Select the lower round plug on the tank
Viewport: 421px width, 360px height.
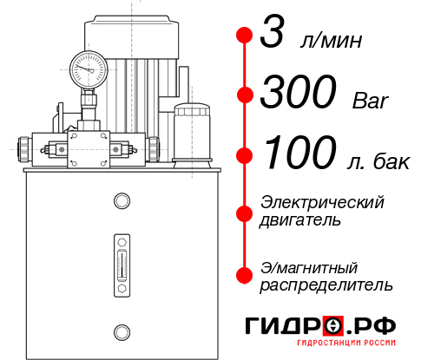click(121, 331)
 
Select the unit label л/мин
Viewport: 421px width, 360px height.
click(331, 42)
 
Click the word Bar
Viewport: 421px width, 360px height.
click(371, 101)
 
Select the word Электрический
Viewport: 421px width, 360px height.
click(322, 202)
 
